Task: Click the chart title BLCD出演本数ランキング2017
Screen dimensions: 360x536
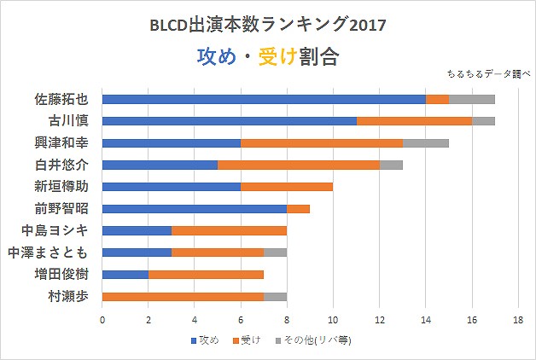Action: (x=267, y=25)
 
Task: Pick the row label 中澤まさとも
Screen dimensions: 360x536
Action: (x=50, y=253)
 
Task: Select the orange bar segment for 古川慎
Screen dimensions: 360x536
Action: (x=414, y=121)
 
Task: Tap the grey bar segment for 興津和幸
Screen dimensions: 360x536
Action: (x=425, y=143)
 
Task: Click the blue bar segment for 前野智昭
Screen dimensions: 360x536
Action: (x=194, y=208)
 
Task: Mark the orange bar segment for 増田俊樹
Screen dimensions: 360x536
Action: (x=206, y=275)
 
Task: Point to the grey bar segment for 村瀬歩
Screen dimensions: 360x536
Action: (x=275, y=297)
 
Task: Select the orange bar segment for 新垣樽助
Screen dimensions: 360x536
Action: (x=286, y=187)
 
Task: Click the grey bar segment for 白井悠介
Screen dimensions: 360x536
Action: (x=391, y=165)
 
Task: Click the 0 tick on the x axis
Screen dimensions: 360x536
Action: (x=102, y=320)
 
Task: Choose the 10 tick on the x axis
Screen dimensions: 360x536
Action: (x=333, y=320)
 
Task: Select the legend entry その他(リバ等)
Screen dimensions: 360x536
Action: (x=315, y=340)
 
